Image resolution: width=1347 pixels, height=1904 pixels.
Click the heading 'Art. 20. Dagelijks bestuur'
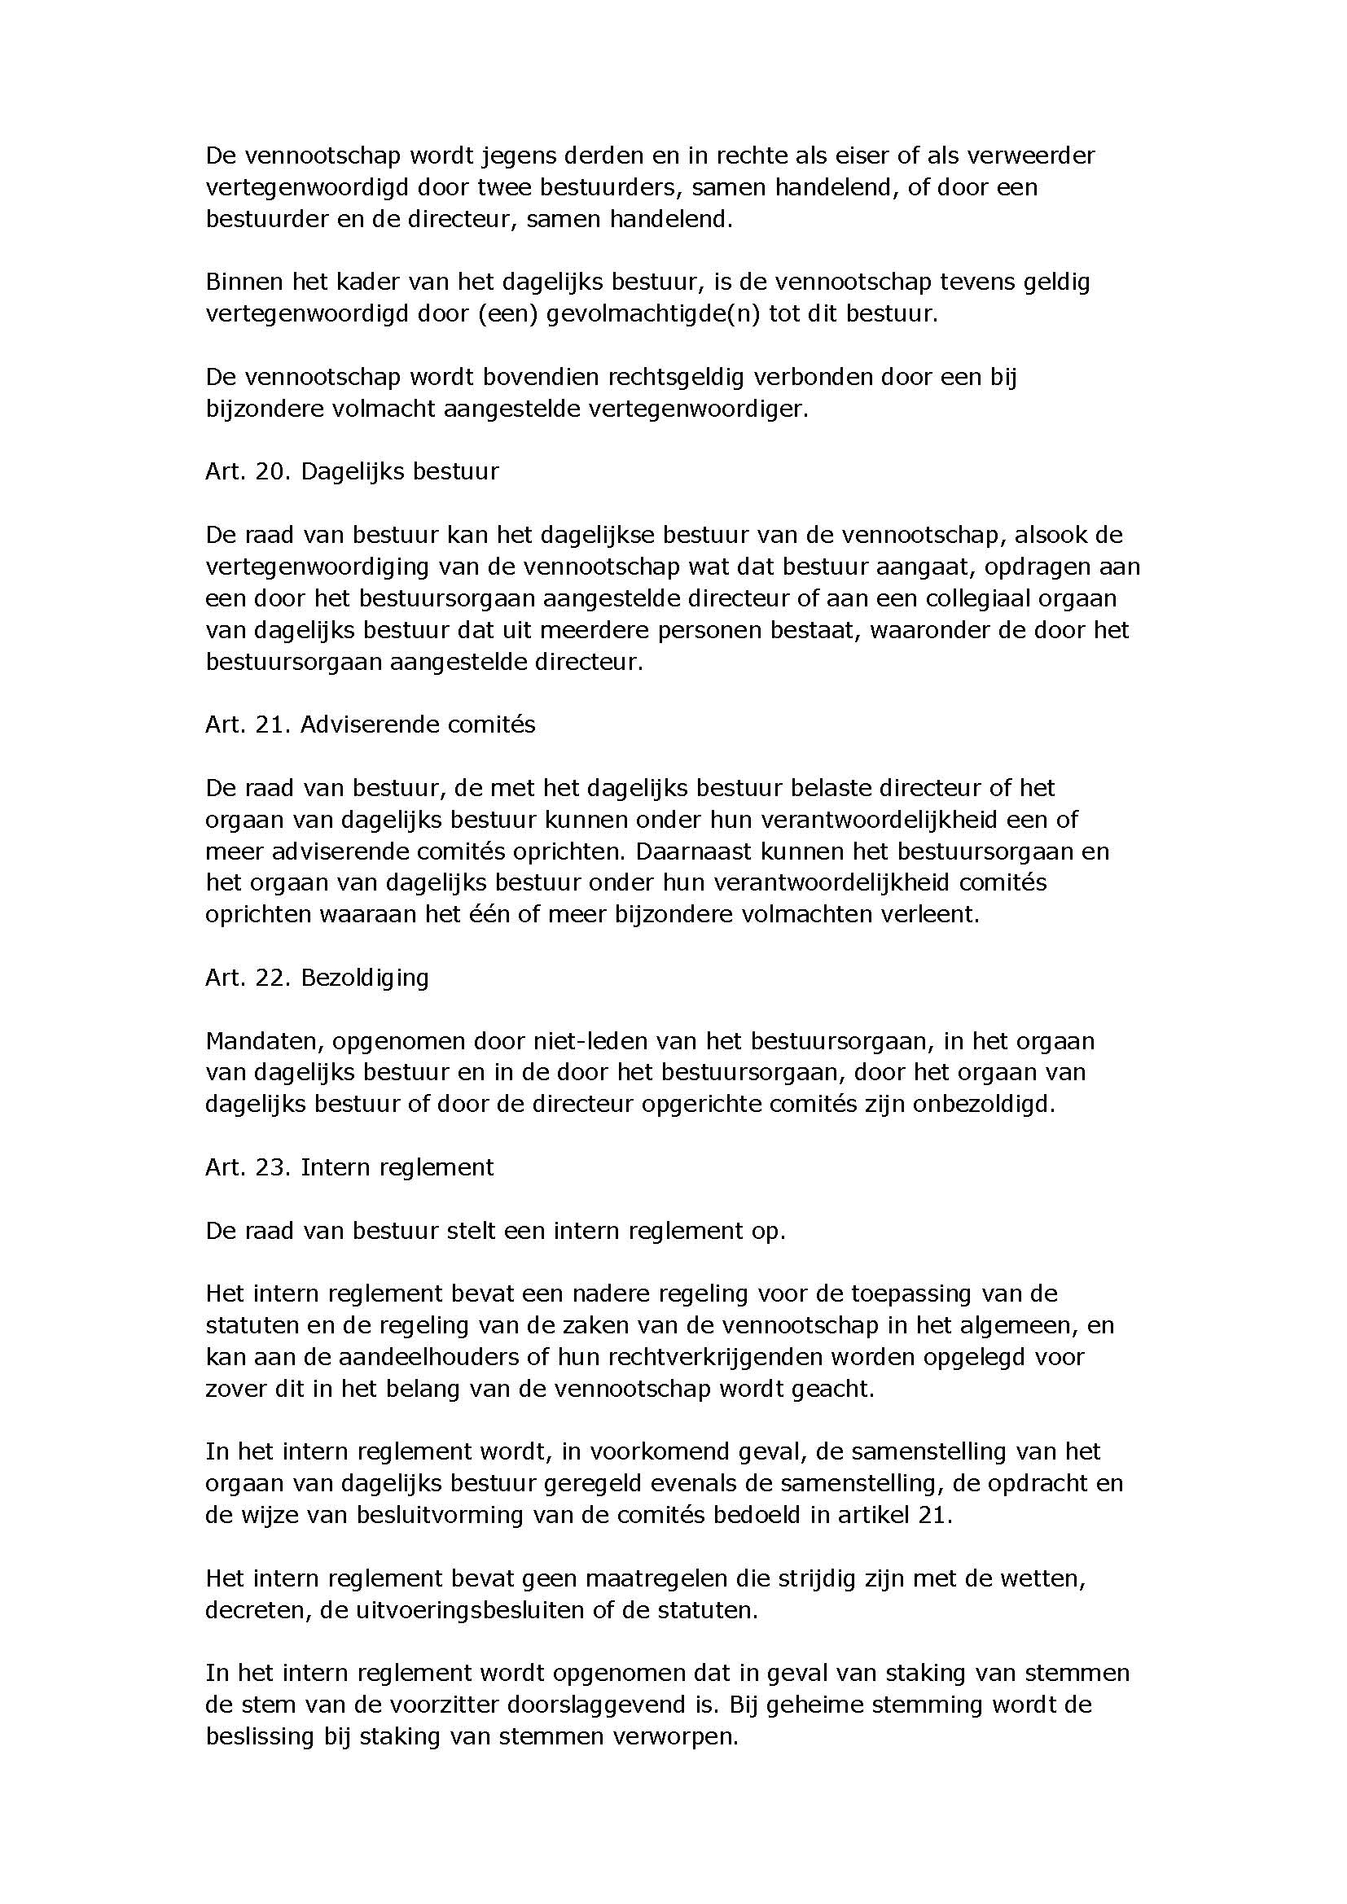(352, 472)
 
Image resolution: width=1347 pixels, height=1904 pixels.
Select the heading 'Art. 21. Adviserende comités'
(370, 724)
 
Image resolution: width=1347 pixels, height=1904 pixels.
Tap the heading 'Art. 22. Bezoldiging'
(317, 978)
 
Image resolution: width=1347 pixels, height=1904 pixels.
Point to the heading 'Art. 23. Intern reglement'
(349, 1167)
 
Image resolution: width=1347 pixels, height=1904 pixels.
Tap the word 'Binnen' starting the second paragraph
(243, 282)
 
